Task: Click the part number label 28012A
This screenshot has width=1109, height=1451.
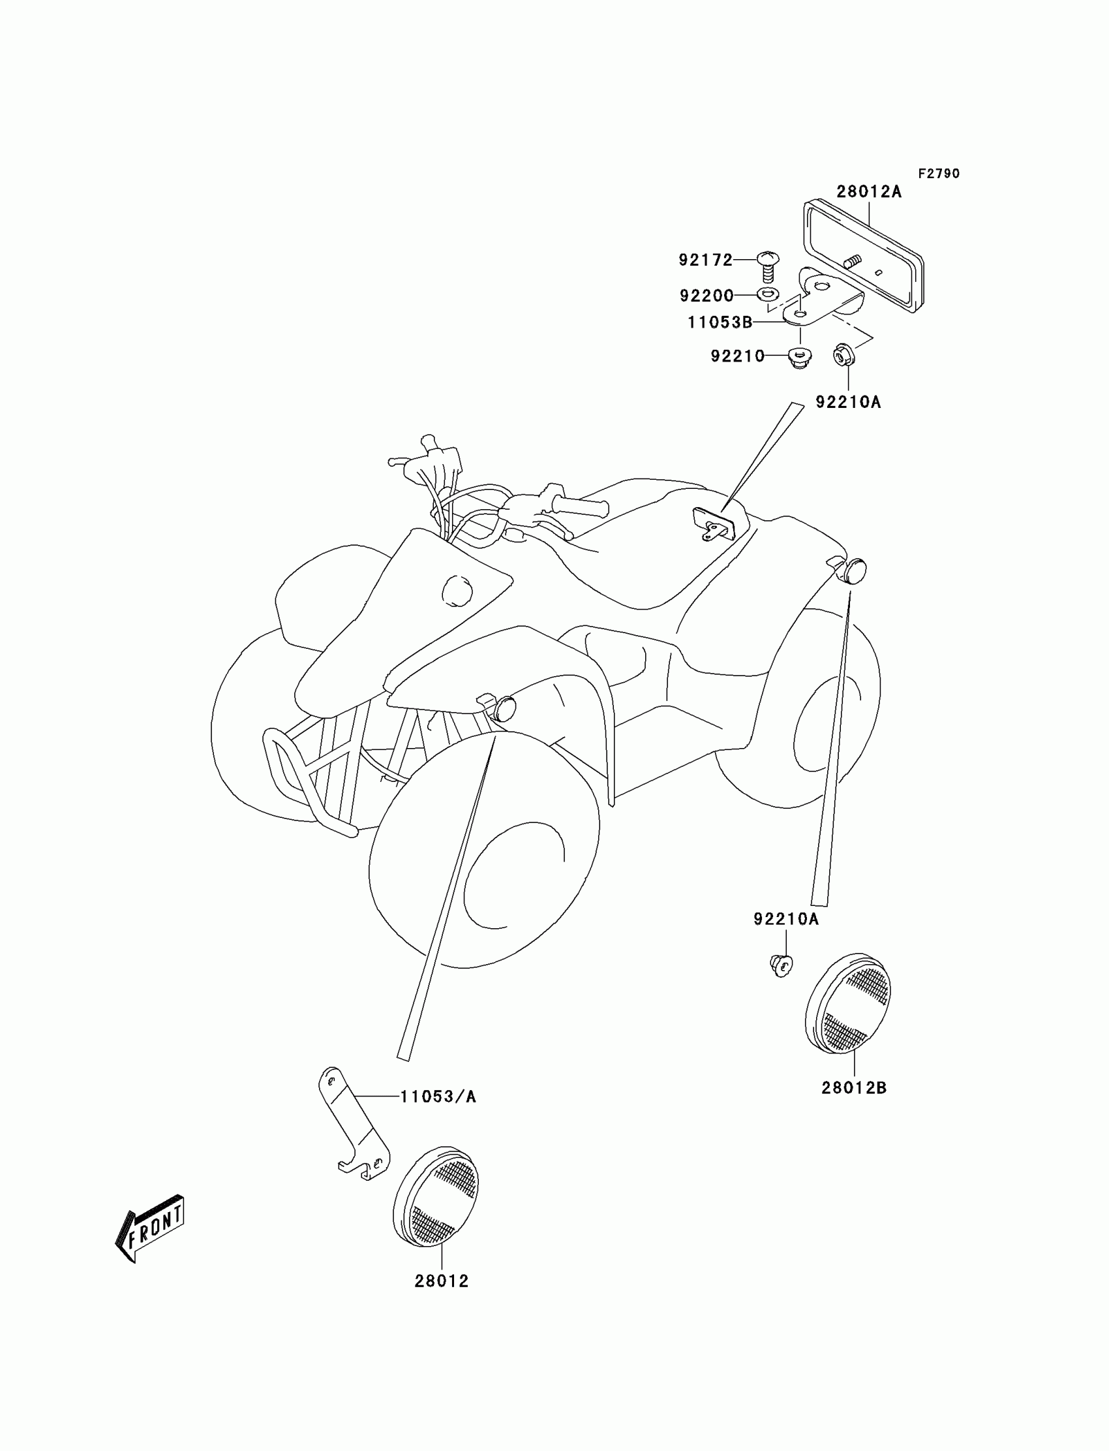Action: pos(869,191)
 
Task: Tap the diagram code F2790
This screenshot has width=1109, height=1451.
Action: pos(939,174)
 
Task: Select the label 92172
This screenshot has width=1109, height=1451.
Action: pos(706,260)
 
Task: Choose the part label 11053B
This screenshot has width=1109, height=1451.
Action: pos(720,322)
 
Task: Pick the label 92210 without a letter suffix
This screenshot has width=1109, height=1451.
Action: pos(737,356)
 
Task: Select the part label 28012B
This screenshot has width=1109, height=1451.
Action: pos(854,1087)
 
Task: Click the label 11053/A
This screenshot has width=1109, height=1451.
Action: pos(438,1097)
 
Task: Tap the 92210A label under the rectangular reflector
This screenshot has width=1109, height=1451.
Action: pos(848,402)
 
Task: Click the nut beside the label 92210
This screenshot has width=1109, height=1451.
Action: pos(800,357)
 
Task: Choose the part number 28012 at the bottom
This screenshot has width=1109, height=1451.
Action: pos(442,1281)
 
